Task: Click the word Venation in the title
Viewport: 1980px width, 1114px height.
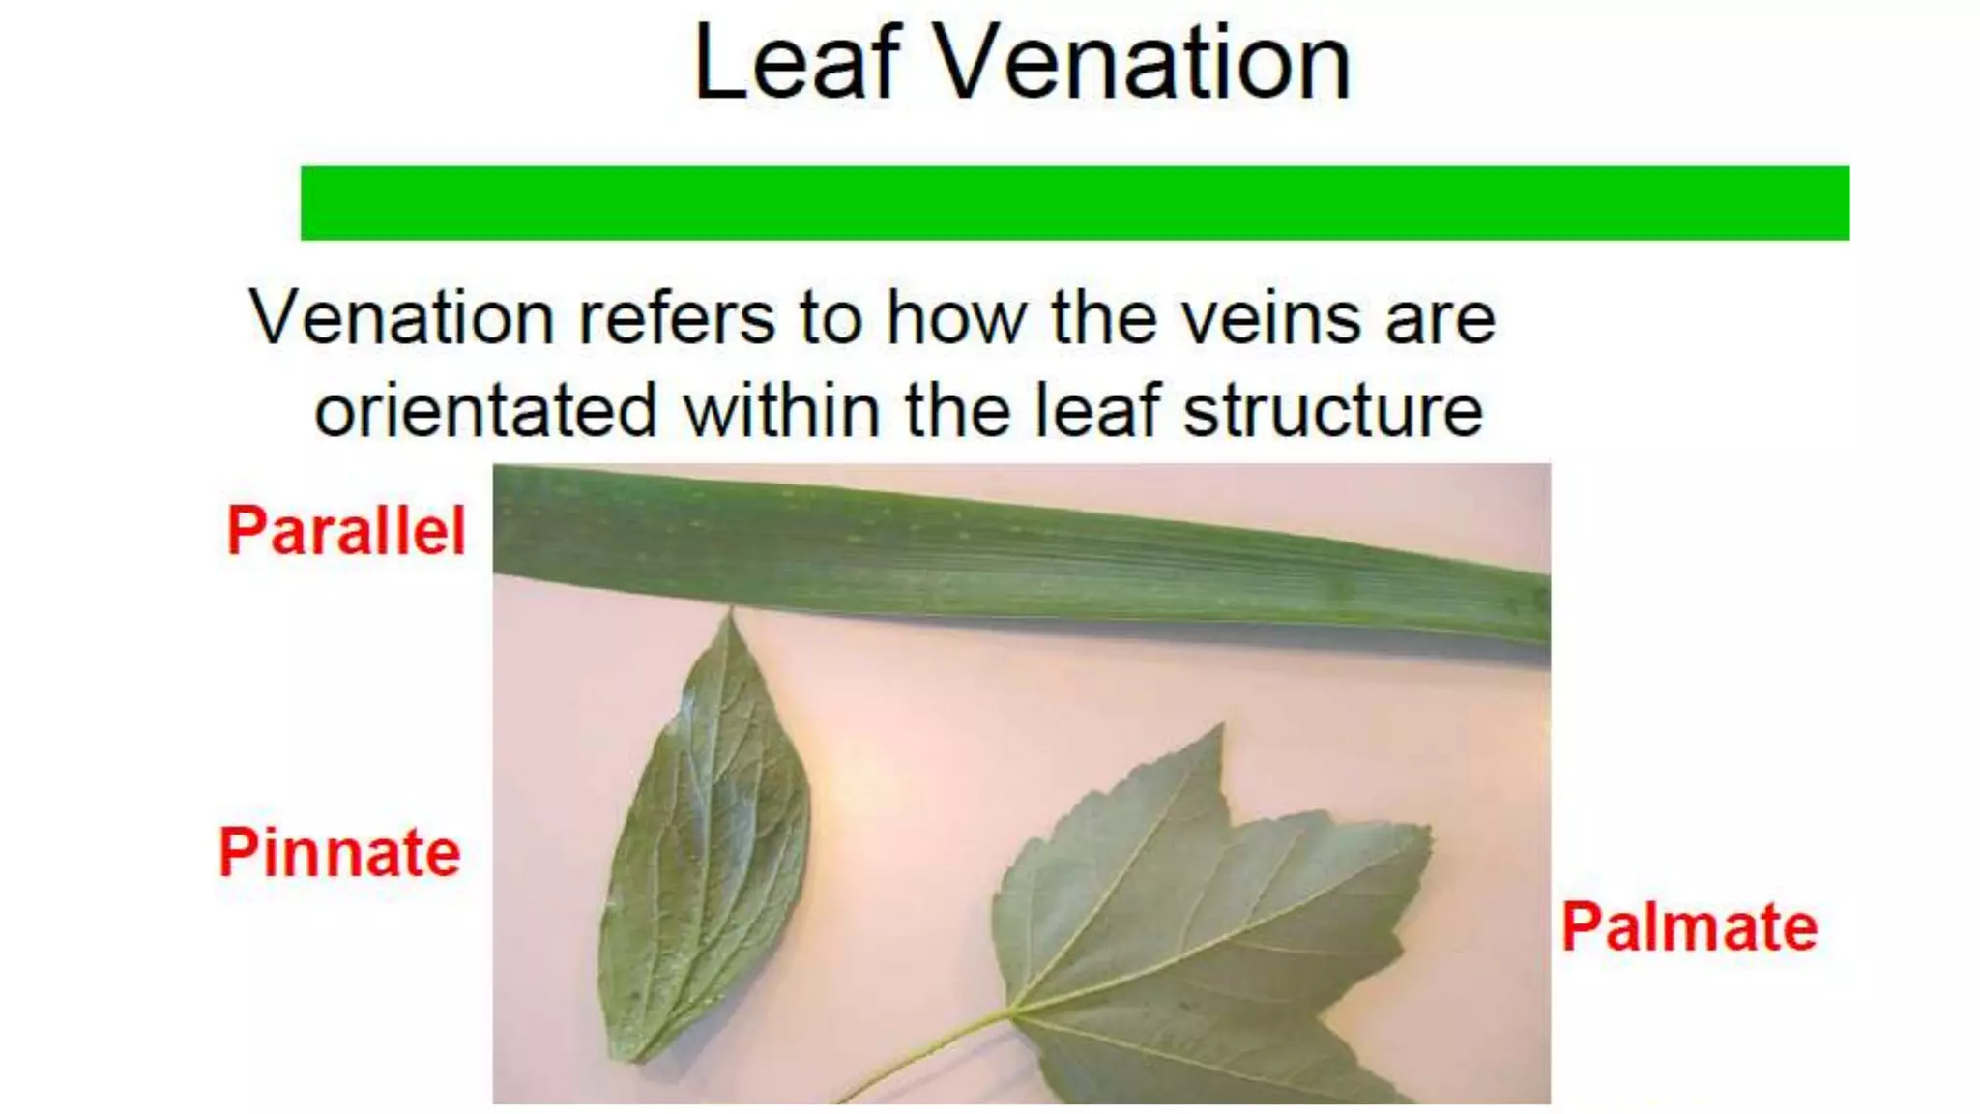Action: click(x=1143, y=64)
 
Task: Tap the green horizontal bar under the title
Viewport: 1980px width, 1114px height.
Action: click(x=1074, y=203)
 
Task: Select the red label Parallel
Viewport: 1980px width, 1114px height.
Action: click(x=346, y=531)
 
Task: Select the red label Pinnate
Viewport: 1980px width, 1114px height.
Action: click(x=339, y=853)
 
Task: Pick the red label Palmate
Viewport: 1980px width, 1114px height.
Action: click(x=1689, y=927)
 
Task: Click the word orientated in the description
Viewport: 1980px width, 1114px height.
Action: click(x=486, y=412)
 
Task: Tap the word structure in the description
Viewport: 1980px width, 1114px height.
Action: click(x=1333, y=412)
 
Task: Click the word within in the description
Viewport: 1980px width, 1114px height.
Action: click(x=782, y=412)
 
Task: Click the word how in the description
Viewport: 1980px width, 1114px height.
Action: click(x=956, y=318)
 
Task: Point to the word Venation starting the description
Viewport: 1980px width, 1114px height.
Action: click(x=400, y=318)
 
